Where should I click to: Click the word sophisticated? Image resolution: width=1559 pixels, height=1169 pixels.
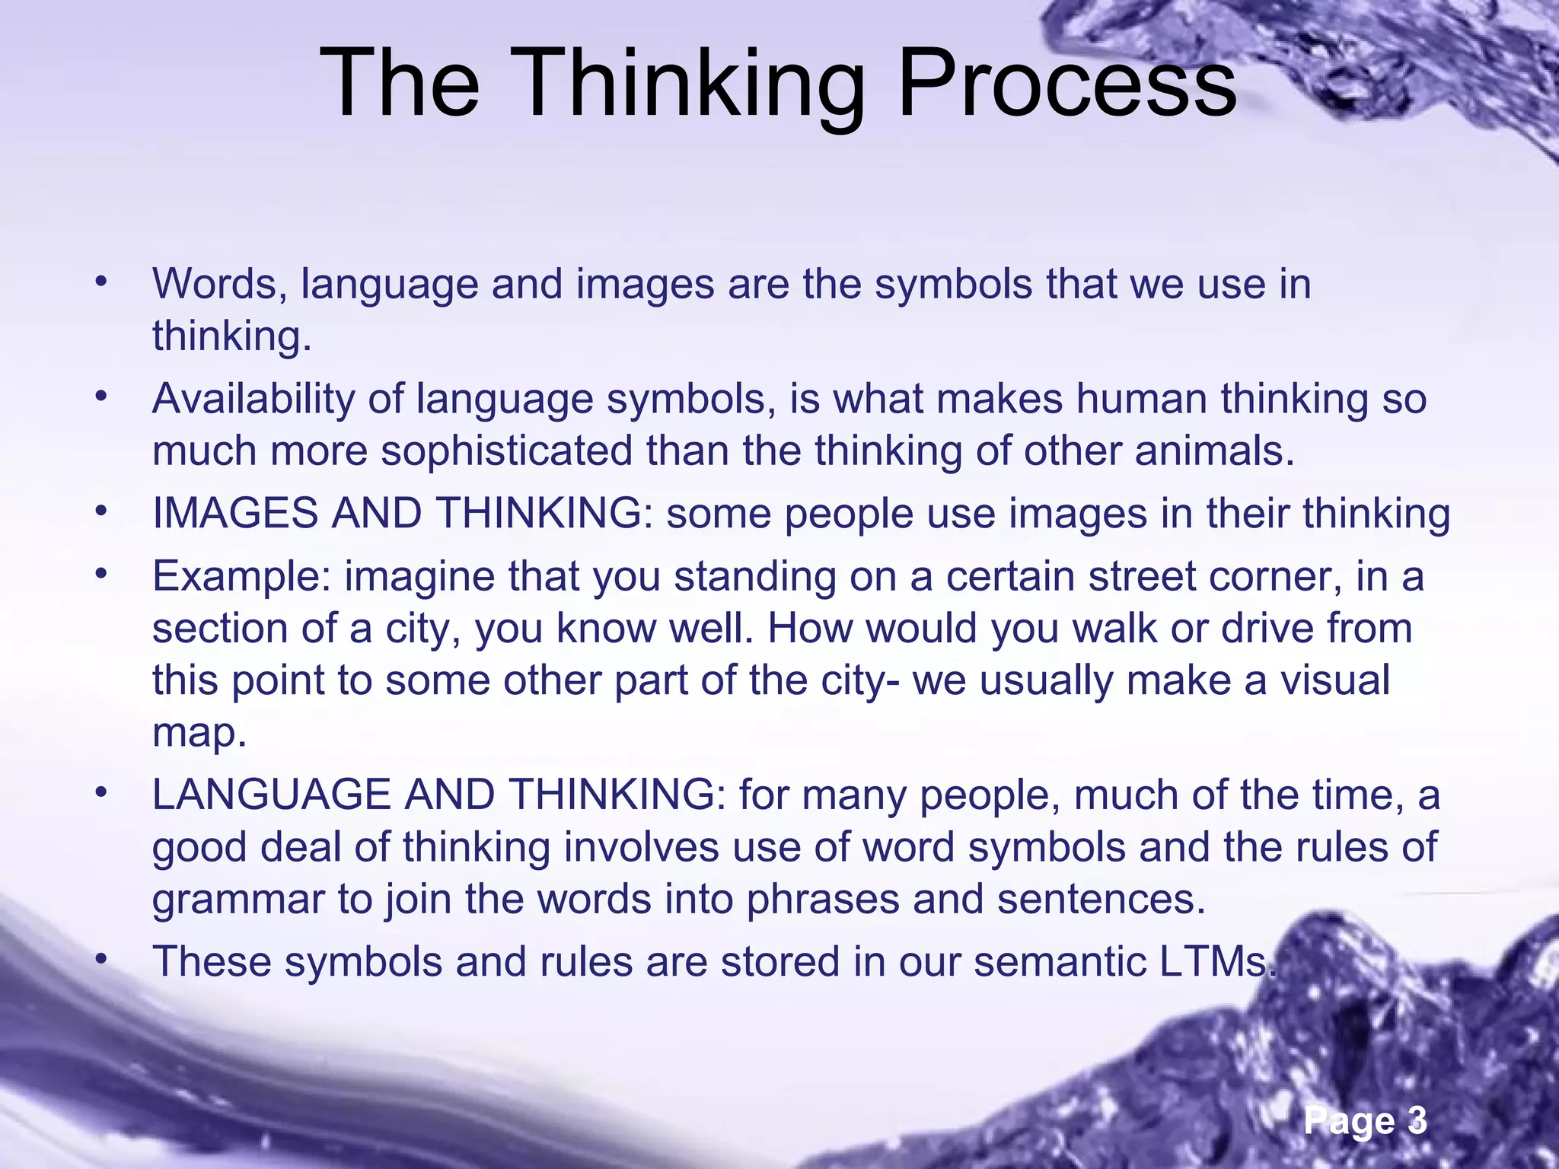point(506,451)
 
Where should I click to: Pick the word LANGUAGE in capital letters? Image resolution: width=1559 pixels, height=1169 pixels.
point(270,795)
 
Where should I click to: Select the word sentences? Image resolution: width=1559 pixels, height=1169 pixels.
point(1101,899)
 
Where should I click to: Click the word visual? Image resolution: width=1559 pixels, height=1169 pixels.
point(1335,680)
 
